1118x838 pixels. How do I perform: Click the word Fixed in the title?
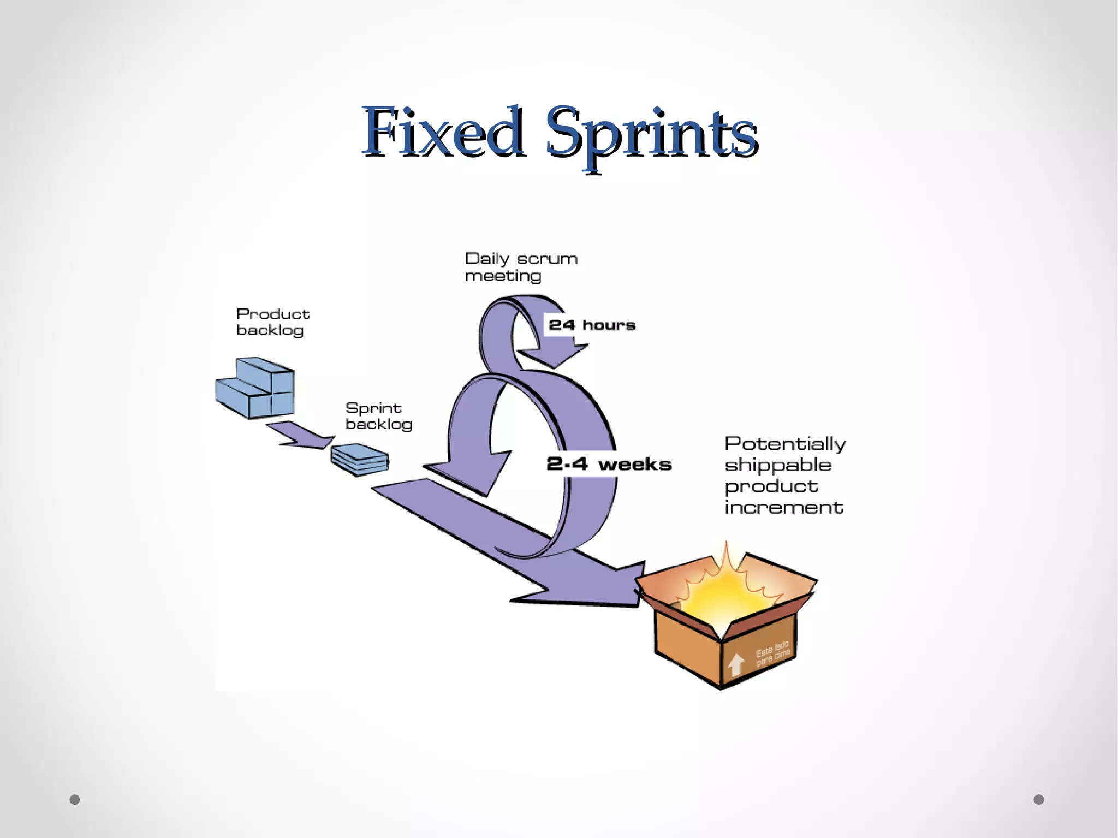tap(443, 132)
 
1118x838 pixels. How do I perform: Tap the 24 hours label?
tap(592, 325)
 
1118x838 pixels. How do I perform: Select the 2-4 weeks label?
tap(609, 464)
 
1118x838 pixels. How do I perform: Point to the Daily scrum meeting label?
tap(520, 267)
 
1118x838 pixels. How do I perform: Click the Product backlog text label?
tap(272, 322)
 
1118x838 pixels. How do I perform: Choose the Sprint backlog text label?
tap(378, 416)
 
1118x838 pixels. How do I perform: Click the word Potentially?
tap(785, 444)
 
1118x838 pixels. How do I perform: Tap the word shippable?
tap(778, 465)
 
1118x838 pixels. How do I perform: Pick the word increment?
tap(783, 508)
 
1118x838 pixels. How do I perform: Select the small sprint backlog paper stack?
tap(360, 460)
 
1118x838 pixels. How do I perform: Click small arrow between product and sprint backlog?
tap(301, 436)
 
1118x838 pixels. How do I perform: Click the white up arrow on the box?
tap(736, 664)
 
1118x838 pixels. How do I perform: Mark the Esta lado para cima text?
tap(772, 654)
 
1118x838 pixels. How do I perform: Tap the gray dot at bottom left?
tap(75, 800)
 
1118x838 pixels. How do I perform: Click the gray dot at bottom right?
tap(1039, 800)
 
